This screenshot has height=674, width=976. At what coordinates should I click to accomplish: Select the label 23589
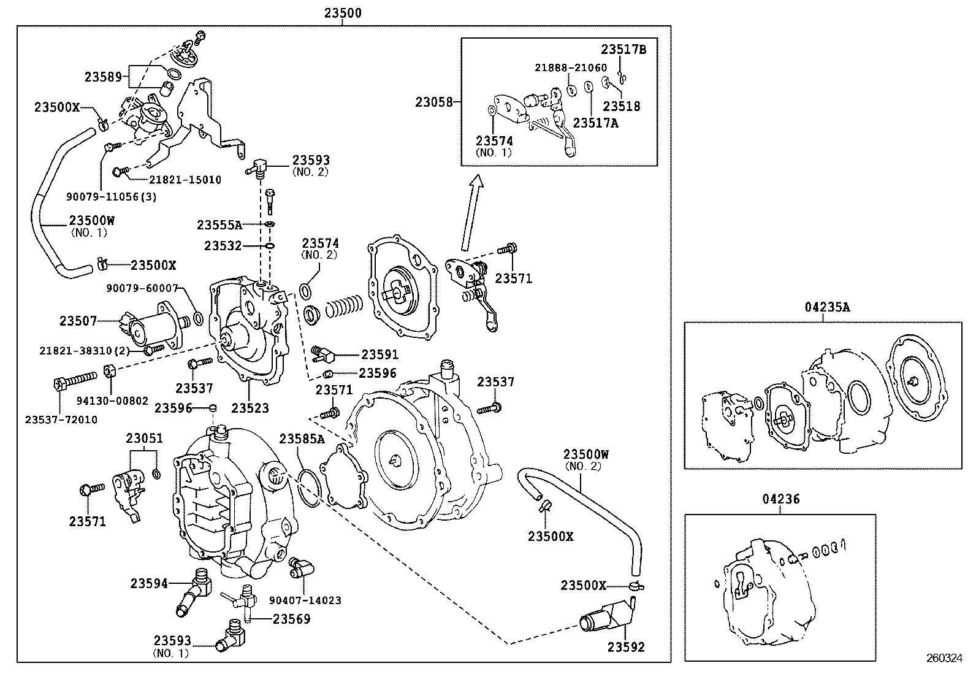pyautogui.click(x=104, y=77)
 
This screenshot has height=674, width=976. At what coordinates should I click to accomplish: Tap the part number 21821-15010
pyautogui.click(x=185, y=180)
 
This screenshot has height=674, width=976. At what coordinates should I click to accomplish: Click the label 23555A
pyautogui.click(x=219, y=225)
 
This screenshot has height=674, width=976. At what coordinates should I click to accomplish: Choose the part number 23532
pyautogui.click(x=223, y=246)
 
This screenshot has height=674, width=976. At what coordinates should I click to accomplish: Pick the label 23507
pyautogui.click(x=78, y=320)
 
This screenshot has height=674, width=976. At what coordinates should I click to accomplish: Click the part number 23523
pyautogui.click(x=250, y=408)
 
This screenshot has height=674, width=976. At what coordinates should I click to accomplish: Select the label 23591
pyautogui.click(x=379, y=354)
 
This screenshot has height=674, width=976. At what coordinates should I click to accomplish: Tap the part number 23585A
pyautogui.click(x=302, y=438)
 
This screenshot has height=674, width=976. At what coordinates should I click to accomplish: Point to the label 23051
pyautogui.click(x=145, y=438)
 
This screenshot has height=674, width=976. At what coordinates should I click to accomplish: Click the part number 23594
pyautogui.click(x=148, y=583)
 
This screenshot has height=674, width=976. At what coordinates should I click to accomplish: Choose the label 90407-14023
pyautogui.click(x=305, y=601)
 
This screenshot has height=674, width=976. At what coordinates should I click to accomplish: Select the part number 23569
pyautogui.click(x=291, y=619)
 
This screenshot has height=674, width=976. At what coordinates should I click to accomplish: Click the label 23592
pyautogui.click(x=626, y=647)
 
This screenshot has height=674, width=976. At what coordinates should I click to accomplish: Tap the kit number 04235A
pyautogui.click(x=827, y=308)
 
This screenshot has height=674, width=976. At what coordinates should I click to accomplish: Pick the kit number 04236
pyautogui.click(x=781, y=500)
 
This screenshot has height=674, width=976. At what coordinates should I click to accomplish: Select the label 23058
pyautogui.click(x=433, y=102)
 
